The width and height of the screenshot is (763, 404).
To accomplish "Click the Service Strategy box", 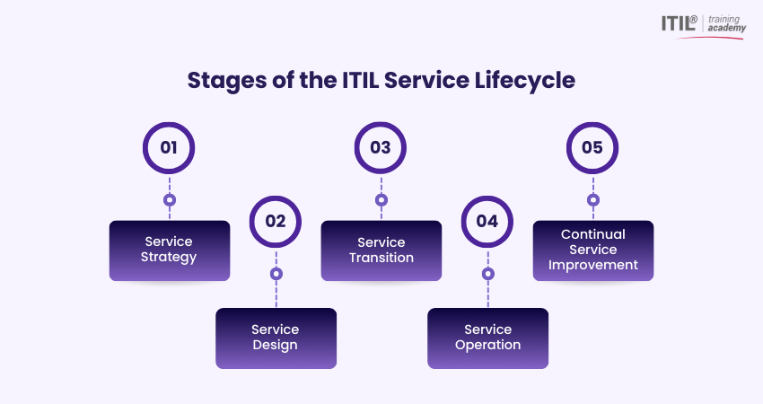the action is [170, 250].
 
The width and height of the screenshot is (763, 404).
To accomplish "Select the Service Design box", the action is [276, 338].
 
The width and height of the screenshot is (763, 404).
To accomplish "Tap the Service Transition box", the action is [381, 250].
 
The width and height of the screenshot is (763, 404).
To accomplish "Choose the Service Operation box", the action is [488, 338].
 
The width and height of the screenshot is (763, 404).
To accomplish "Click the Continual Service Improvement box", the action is [593, 250].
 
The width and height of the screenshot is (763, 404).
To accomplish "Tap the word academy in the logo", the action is [727, 28].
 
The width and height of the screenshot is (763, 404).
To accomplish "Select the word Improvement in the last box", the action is [593, 265].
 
